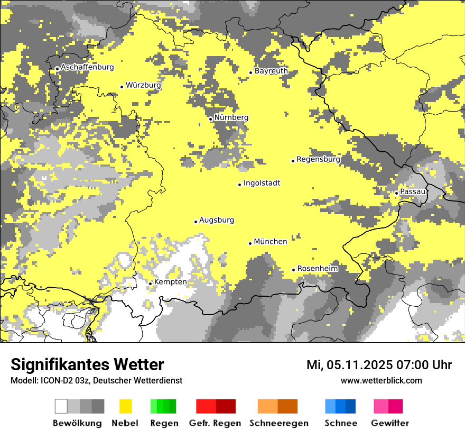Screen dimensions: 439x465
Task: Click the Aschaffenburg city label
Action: coord(87,67)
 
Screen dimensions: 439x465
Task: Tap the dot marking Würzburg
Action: coord(122,87)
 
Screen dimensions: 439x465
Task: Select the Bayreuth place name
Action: coord(271,71)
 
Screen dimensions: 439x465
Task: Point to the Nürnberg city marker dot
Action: coord(210,119)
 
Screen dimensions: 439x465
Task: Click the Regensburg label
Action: coord(318,159)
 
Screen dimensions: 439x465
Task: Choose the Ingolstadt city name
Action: coord(262,183)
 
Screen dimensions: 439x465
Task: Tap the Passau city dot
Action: coord(396,193)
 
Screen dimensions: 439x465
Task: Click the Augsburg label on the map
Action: coord(217,220)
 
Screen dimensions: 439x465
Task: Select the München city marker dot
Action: coord(250,243)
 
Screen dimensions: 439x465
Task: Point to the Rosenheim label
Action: coord(317,268)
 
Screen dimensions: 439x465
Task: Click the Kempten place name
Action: coord(170,282)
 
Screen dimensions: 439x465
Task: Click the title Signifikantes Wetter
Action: coord(87,364)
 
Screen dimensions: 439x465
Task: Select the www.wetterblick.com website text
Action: coord(381,380)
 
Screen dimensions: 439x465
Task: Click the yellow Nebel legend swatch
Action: coord(126,406)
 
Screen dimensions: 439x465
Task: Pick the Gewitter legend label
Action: coord(389,423)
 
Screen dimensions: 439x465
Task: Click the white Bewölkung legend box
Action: coord(61,406)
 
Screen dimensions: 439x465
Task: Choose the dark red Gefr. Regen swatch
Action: coord(226,406)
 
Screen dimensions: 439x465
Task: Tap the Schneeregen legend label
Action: coord(278,423)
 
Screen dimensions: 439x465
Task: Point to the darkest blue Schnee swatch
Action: coord(351,406)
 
